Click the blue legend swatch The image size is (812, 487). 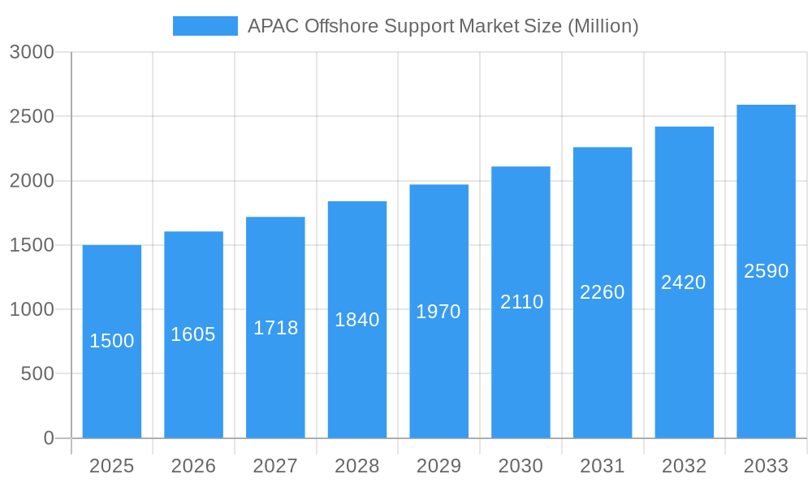click(205, 26)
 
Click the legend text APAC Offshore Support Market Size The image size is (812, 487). click(443, 26)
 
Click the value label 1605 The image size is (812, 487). click(193, 334)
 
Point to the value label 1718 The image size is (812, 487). click(276, 328)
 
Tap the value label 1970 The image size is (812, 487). click(438, 312)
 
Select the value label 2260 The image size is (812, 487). click(603, 292)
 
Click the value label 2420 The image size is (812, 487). click(684, 282)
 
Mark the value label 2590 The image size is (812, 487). click(767, 271)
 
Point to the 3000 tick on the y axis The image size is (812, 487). click(32, 53)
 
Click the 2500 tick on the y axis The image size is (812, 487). click(32, 117)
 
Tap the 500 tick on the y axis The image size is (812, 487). click(37, 374)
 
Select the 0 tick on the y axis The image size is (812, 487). click(49, 438)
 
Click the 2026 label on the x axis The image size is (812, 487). click(193, 466)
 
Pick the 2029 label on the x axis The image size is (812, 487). click(438, 466)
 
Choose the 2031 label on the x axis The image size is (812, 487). click(603, 466)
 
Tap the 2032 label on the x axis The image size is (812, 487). click(684, 466)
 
